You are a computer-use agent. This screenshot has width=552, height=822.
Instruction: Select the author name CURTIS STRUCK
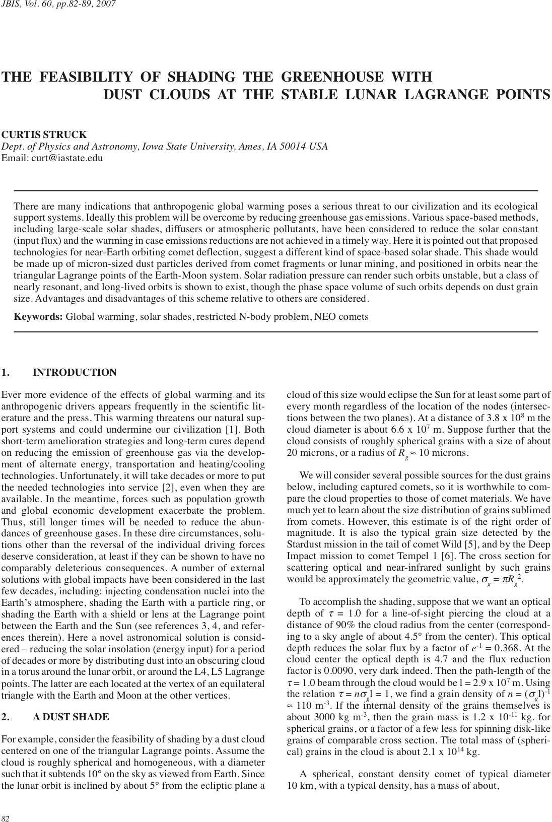coord(44,135)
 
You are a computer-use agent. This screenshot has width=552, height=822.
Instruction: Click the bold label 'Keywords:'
coord(38,317)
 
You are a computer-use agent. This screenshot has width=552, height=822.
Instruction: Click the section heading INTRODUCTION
coord(75,373)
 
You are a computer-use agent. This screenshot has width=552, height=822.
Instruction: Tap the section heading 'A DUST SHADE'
coord(71,717)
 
